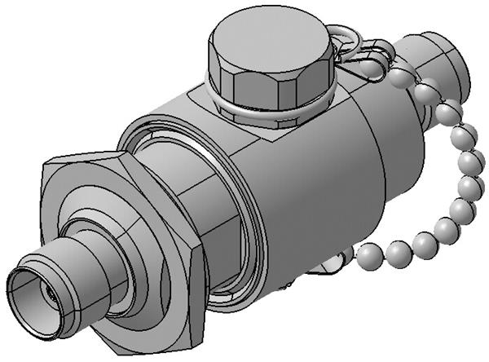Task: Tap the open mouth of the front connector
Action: (x=33, y=294)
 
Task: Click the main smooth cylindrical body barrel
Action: (x=326, y=188)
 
